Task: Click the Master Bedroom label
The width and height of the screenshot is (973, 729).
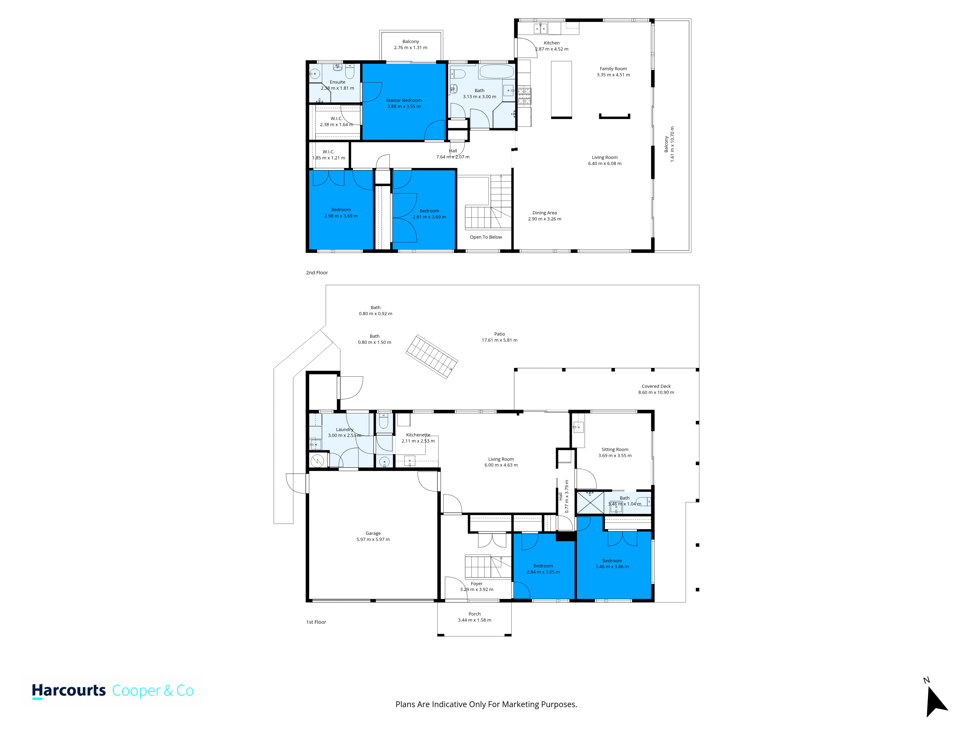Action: (x=404, y=100)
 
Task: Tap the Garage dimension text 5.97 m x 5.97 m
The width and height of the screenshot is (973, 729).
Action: (x=373, y=539)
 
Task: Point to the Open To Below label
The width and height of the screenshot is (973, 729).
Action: (x=486, y=237)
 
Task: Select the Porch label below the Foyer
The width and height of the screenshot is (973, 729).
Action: (x=475, y=614)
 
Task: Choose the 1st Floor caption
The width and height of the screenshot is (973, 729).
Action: (x=316, y=622)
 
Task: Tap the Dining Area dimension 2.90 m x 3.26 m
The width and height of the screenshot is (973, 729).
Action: (x=545, y=219)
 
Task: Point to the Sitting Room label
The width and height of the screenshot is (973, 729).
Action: (x=615, y=450)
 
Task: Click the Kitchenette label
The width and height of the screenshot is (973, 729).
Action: (x=418, y=434)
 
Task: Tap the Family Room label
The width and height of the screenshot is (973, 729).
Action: (x=613, y=69)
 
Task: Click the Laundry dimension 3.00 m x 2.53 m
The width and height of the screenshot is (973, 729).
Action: (x=344, y=435)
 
